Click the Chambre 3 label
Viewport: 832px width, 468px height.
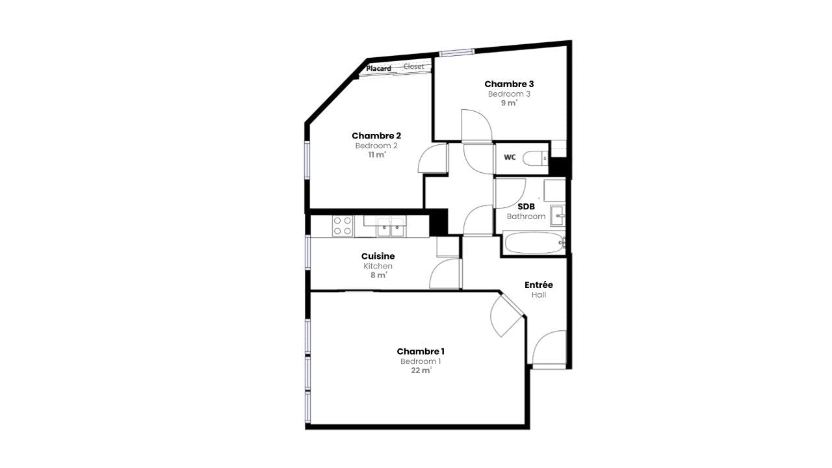point(509,84)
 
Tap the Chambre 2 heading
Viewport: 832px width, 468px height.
point(376,136)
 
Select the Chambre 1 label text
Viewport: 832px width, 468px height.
point(421,351)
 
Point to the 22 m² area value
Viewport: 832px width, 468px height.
point(421,370)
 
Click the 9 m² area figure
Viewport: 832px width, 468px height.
point(509,103)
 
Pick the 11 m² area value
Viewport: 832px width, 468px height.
point(377,155)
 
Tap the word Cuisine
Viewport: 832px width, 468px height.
point(378,256)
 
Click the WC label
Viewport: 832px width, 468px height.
point(510,157)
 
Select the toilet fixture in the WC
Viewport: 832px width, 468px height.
point(535,159)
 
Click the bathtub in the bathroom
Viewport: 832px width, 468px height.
point(534,242)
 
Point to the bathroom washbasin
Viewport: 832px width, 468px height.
point(558,215)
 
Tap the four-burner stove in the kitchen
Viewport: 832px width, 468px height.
point(343,226)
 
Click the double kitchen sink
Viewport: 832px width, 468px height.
point(391,227)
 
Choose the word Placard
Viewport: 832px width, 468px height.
point(378,68)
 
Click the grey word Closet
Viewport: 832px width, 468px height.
point(413,66)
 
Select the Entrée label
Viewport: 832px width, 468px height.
point(539,285)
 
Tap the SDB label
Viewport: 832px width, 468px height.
point(526,207)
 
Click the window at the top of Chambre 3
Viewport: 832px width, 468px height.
point(457,53)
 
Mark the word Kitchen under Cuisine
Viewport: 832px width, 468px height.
point(378,266)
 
